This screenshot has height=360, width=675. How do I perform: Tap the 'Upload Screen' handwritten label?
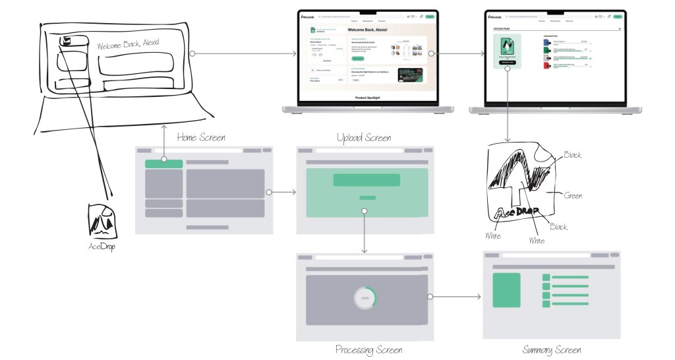coord(363,138)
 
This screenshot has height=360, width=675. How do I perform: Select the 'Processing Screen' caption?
coord(368,349)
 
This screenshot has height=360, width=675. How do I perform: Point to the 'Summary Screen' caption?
coord(552,349)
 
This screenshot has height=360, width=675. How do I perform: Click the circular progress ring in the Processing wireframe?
coord(365,299)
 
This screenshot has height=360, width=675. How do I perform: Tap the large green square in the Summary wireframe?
coord(507,290)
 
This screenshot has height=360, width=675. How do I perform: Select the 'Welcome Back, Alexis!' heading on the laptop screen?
coord(375,30)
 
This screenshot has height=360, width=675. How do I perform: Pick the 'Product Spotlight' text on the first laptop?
coord(368,97)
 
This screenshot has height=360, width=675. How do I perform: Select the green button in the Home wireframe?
coord(164,163)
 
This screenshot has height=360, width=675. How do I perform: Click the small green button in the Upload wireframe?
coord(367,197)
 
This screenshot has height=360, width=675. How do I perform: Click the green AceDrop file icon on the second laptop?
coord(506,50)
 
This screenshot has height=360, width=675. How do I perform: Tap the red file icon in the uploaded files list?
coord(546,67)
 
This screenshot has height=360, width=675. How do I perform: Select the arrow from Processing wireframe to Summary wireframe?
coord(455,297)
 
